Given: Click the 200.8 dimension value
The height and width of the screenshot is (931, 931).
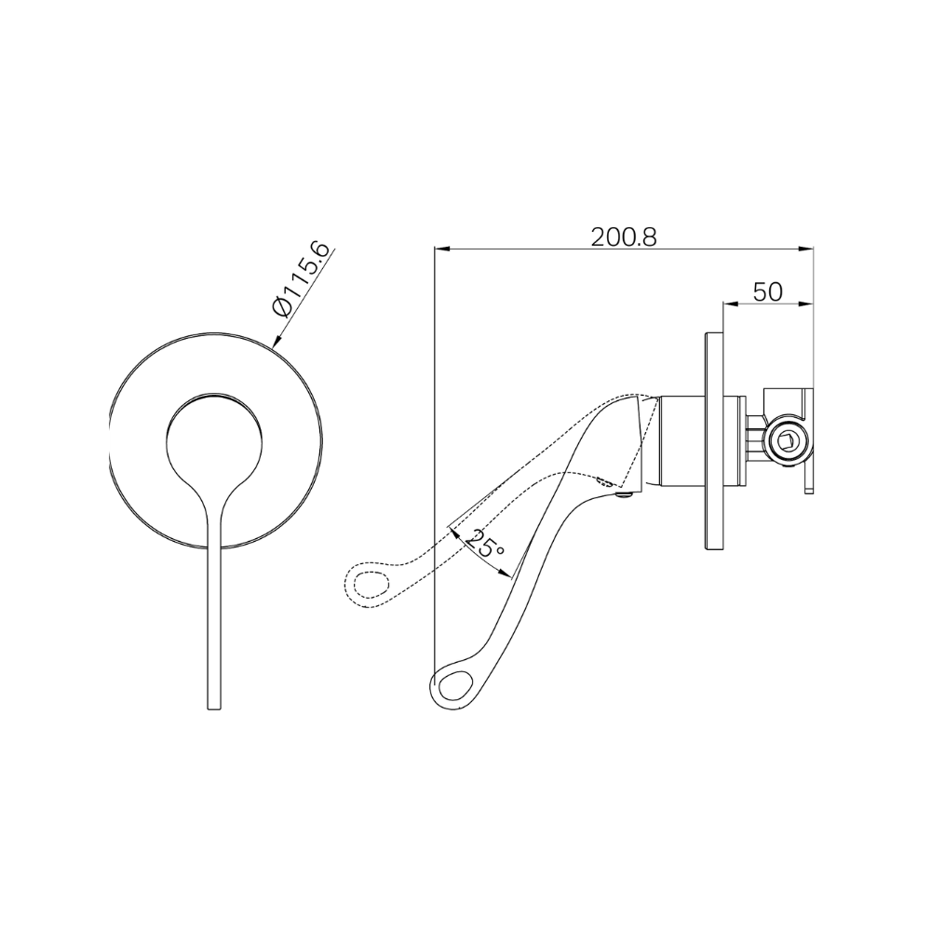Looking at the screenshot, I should (624, 236).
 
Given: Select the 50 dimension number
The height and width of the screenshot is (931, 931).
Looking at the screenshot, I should (767, 291).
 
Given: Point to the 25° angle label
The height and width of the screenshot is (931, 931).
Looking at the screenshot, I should (486, 544).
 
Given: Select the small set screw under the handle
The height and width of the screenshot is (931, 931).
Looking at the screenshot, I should (624, 496).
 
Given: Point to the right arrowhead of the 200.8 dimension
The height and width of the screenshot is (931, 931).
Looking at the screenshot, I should (807, 249).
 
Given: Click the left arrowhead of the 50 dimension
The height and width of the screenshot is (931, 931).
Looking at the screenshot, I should (729, 304).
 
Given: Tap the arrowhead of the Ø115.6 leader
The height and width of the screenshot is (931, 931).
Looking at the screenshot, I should (276, 343).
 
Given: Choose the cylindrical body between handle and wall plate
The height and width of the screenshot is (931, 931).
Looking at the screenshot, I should (684, 439).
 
